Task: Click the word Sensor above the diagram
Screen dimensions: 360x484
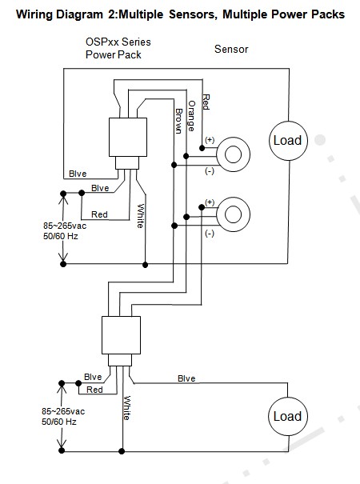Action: tap(231, 49)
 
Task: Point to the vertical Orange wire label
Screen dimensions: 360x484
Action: tap(191, 116)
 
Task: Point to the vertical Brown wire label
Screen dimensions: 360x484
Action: tap(178, 121)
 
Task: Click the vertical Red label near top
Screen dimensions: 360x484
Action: tap(206, 102)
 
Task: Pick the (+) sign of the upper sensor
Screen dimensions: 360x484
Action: tap(210, 140)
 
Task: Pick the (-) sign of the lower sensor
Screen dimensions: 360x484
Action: tap(210, 234)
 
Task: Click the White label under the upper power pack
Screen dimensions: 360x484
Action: tap(141, 216)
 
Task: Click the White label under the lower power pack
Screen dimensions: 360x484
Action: tap(127, 408)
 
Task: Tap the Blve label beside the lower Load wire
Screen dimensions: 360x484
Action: tap(186, 378)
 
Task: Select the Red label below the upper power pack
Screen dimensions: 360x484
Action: tap(99, 214)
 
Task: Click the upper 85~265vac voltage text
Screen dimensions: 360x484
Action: tap(65, 226)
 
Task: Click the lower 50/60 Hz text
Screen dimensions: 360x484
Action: tap(59, 422)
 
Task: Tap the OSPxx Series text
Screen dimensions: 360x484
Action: tap(118, 42)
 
